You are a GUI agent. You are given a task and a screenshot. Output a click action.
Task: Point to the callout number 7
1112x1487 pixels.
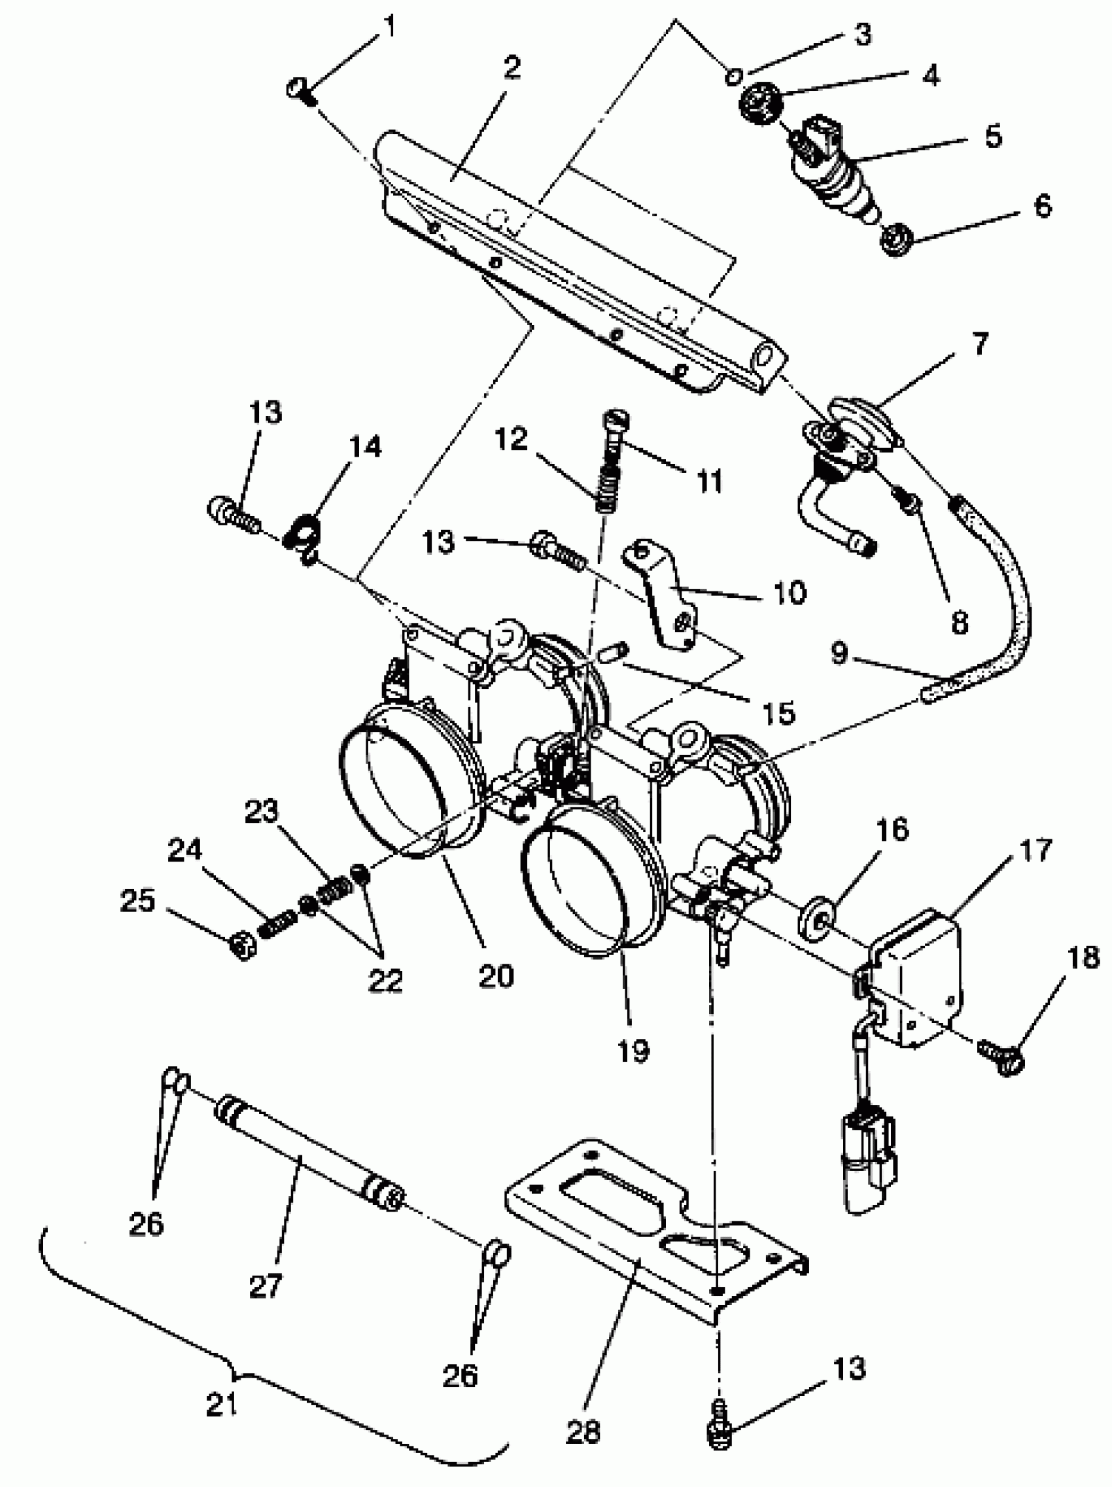pos(981,344)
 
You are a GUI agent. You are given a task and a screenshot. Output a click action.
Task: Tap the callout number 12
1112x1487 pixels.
pos(511,440)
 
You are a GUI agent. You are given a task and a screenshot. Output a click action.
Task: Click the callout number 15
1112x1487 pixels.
pos(778,712)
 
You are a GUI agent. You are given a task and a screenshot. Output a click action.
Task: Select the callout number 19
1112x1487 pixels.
pos(633,1050)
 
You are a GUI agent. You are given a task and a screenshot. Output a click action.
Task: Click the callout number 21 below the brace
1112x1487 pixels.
pos(222,1403)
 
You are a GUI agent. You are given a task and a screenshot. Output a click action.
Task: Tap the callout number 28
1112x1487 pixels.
pos(583,1430)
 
